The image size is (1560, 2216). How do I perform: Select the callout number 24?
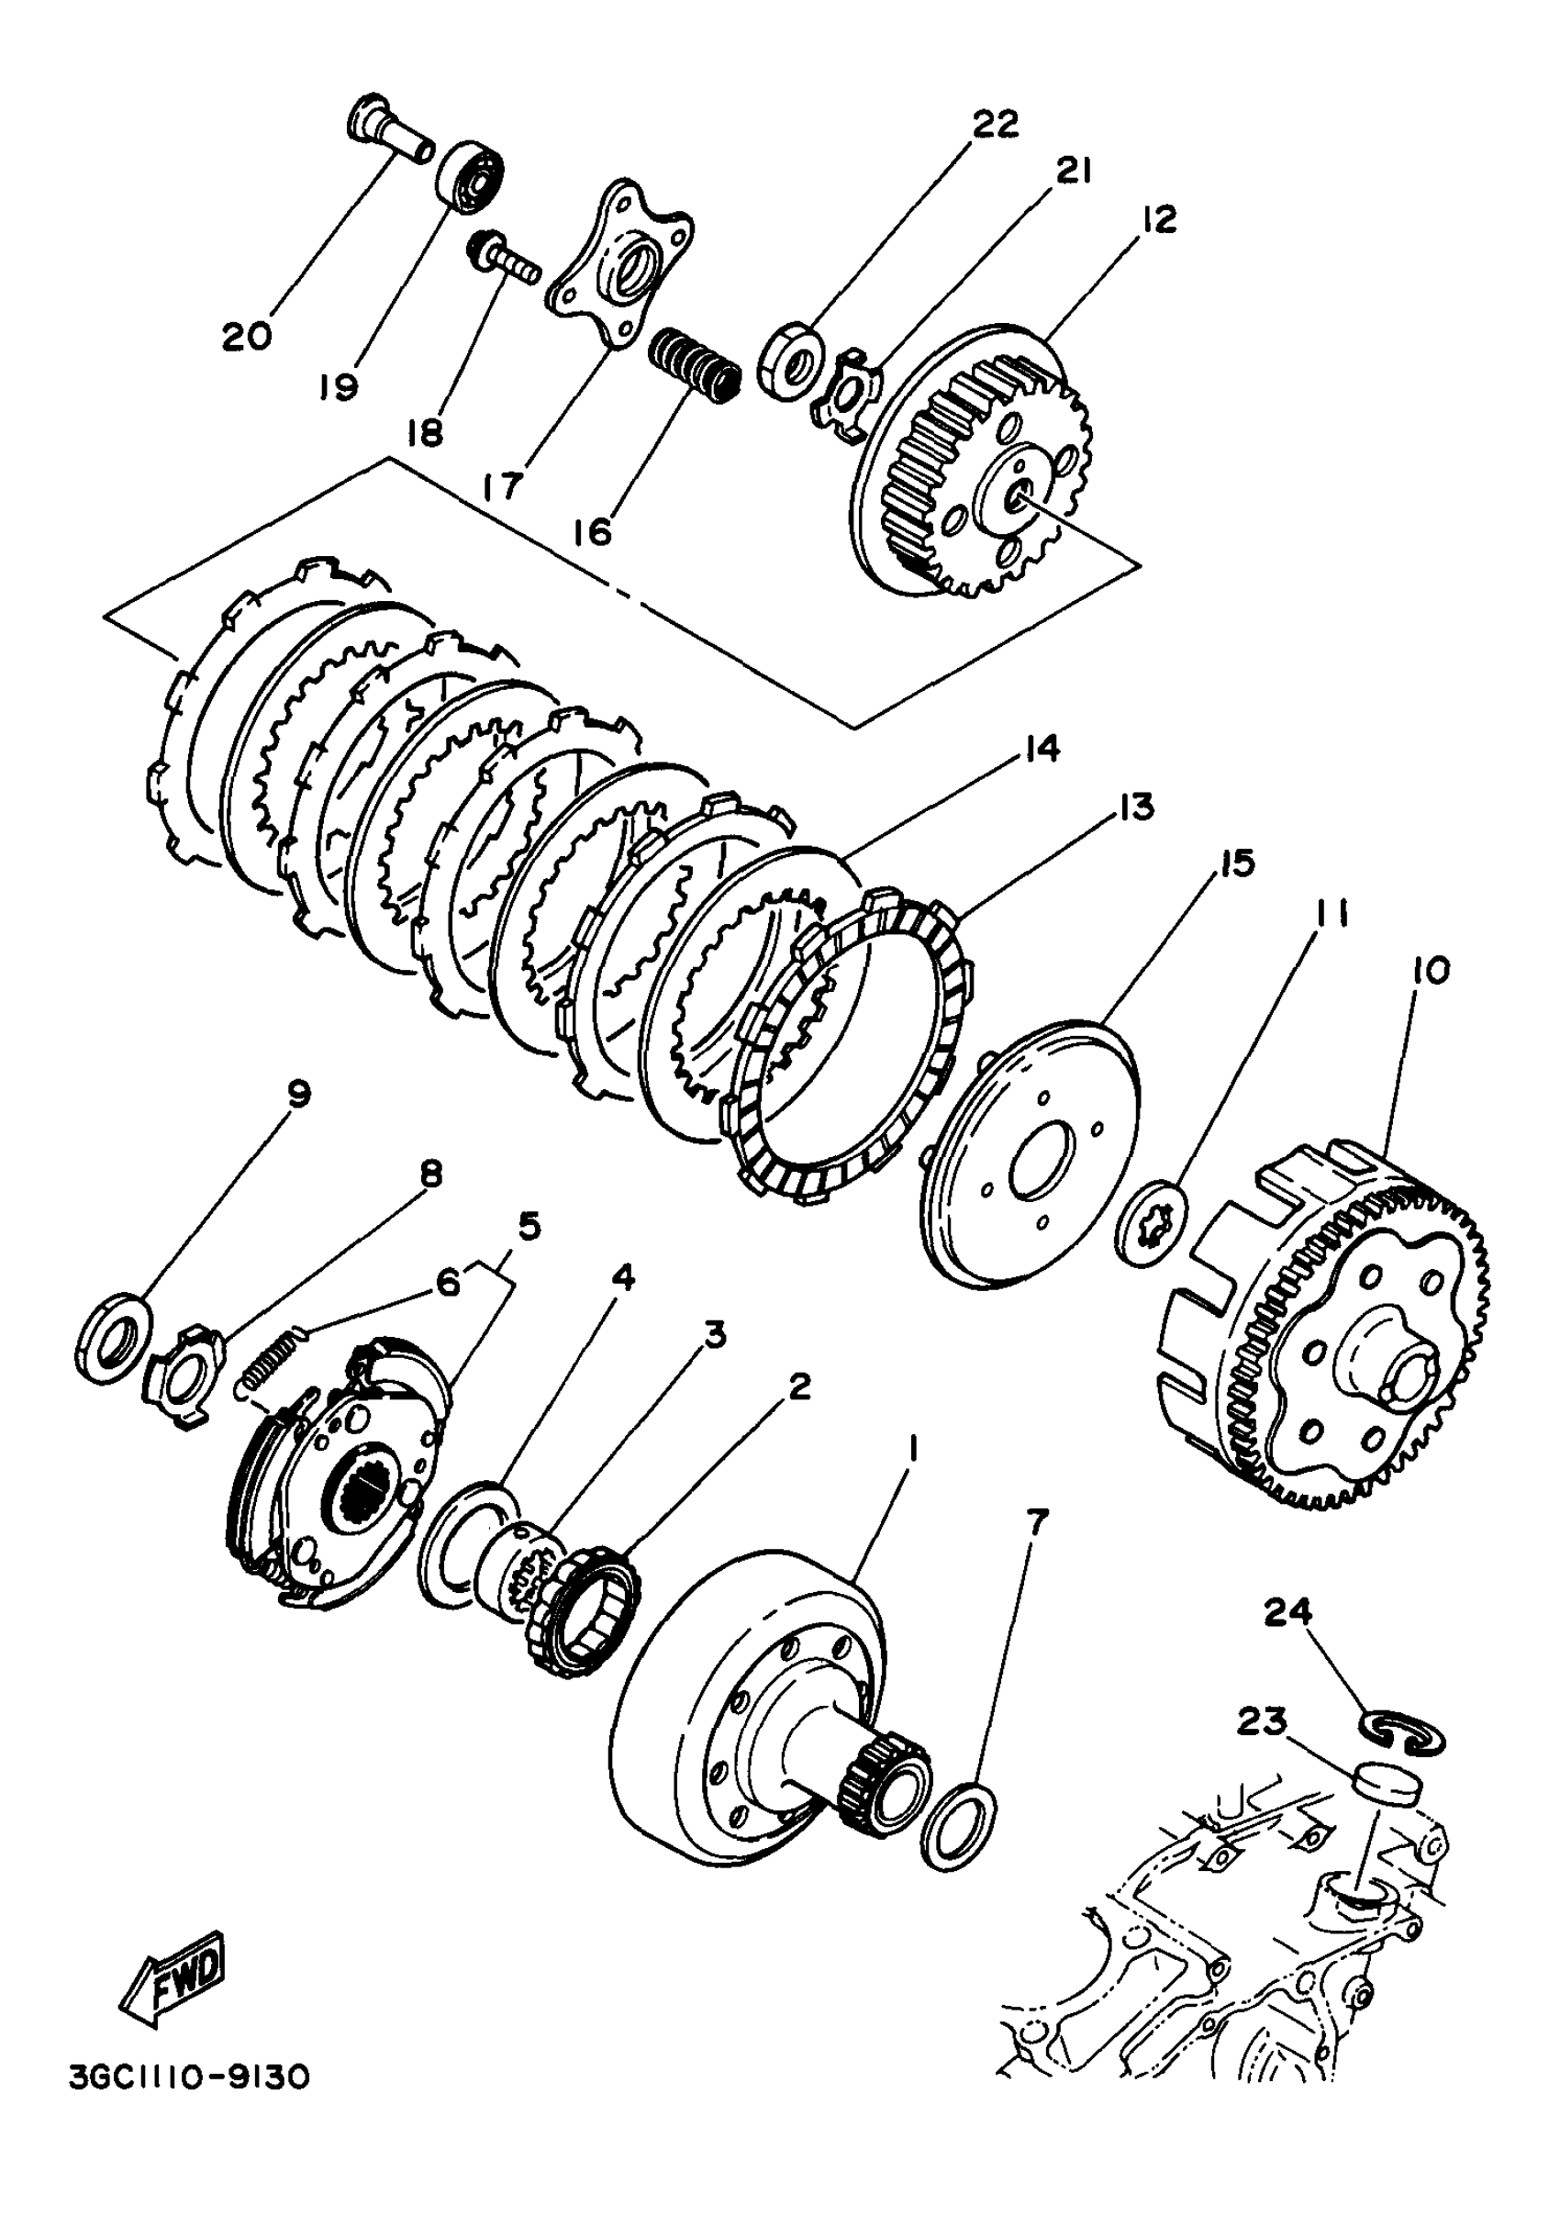pyautogui.click(x=1289, y=1611)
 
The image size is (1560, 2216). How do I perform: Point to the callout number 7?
pyautogui.click(x=1035, y=1522)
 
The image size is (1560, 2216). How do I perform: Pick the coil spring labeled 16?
pyautogui.click(x=693, y=364)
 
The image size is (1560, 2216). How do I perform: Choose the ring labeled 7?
pyautogui.click(x=958, y=1825)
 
